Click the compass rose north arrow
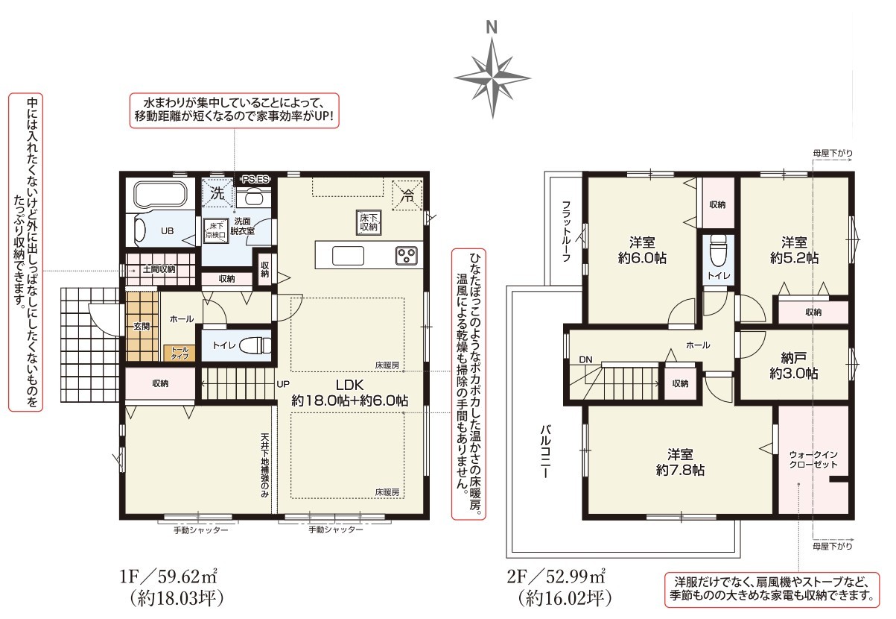(x=492, y=78)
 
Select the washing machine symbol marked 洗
(x=217, y=193)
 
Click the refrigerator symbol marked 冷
(x=407, y=195)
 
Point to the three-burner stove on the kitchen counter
(x=406, y=255)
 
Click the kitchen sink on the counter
(x=348, y=256)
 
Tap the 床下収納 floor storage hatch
(x=369, y=222)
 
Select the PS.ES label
(x=256, y=180)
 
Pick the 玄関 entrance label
(x=142, y=327)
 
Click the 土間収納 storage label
(x=159, y=269)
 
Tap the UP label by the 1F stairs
(x=283, y=384)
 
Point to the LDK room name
(x=349, y=385)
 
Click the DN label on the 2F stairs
(x=585, y=359)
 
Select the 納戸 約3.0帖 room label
(x=794, y=365)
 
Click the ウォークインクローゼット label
(x=813, y=459)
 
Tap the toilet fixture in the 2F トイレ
(x=717, y=251)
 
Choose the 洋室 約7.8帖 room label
(x=680, y=462)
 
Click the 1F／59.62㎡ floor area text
(x=168, y=577)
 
